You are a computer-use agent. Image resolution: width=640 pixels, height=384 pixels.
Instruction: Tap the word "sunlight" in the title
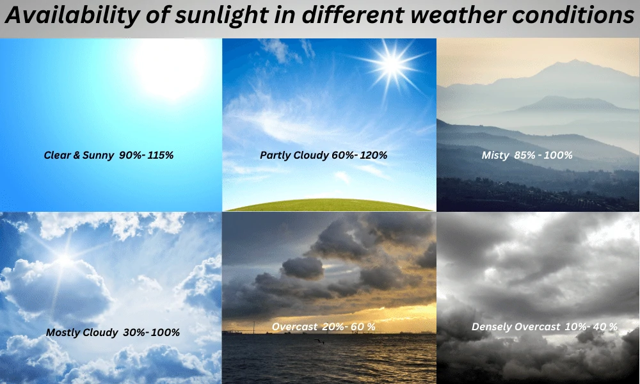tap(221, 15)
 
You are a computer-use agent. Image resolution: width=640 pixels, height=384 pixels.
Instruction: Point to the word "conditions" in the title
tap(573, 15)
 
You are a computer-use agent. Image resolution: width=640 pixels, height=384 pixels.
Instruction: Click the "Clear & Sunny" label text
tap(79, 155)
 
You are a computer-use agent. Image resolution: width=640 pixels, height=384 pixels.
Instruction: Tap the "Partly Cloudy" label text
tap(294, 156)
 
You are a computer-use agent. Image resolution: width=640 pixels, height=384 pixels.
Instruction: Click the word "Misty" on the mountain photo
tap(495, 156)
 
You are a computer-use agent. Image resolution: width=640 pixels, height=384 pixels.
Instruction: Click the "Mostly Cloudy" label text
tap(82, 333)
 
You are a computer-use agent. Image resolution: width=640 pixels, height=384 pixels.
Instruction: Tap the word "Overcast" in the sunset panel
tap(294, 327)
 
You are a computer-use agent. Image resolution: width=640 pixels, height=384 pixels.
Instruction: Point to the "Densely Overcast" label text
tap(516, 327)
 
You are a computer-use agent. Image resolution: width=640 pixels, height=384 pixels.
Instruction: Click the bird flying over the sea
tap(319, 342)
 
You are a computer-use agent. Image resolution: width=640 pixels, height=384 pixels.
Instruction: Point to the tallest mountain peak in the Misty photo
tap(575, 61)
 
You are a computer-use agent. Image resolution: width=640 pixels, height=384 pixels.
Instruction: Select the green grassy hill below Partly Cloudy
tap(329, 205)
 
